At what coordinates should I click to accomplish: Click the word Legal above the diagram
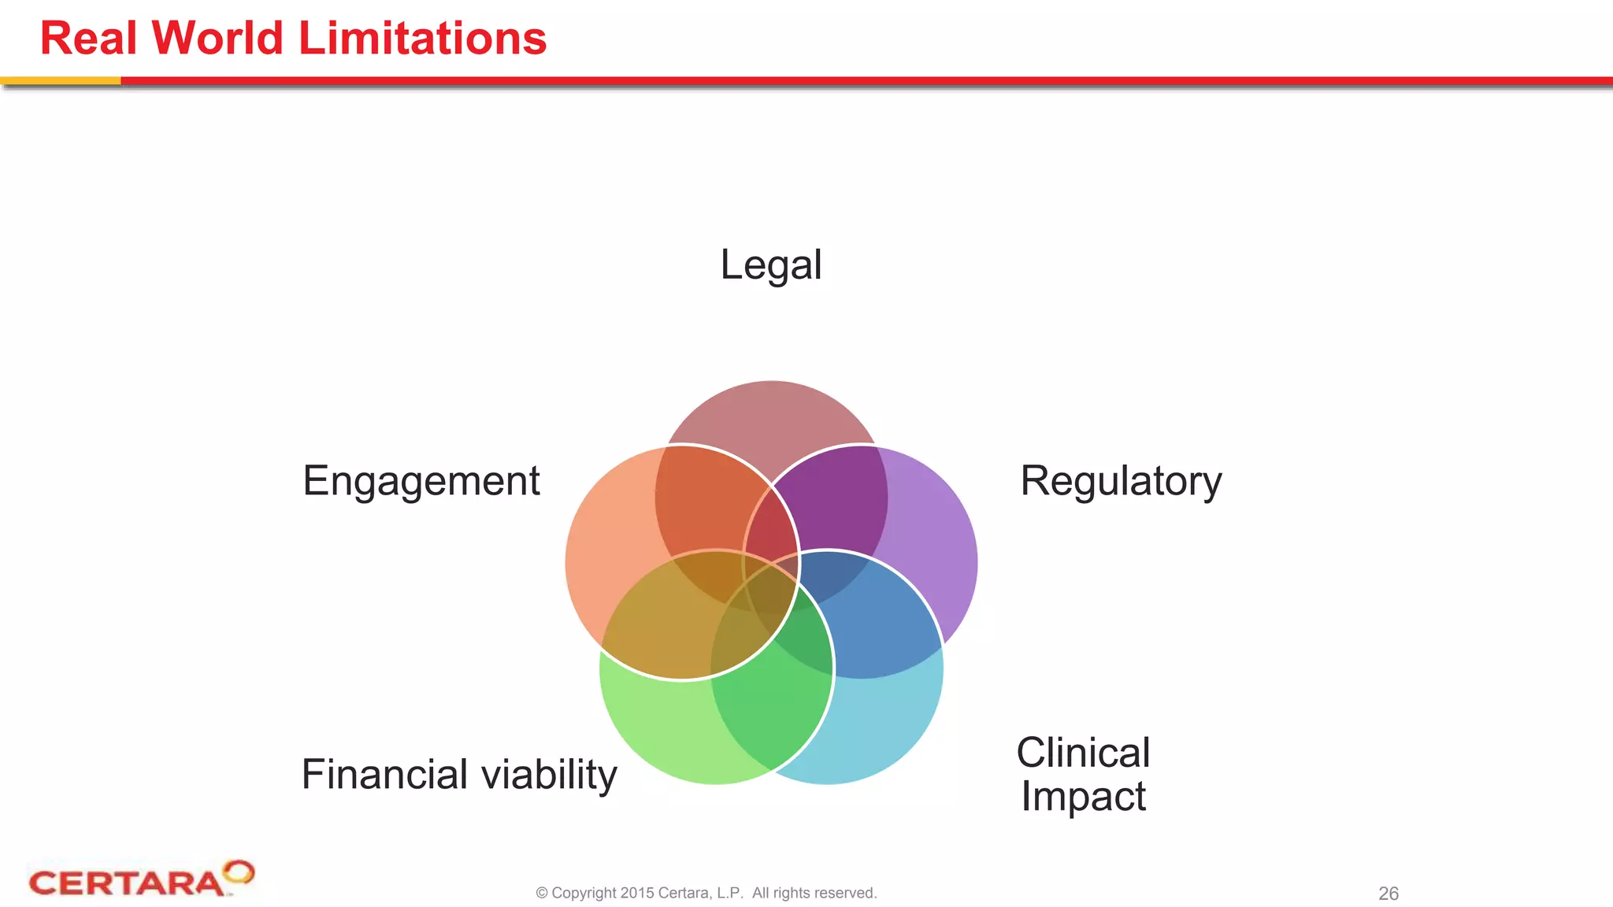click(x=770, y=265)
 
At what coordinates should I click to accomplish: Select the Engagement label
click(x=421, y=481)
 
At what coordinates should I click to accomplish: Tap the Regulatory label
click(x=1120, y=481)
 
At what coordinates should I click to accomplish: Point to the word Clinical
click(x=1083, y=753)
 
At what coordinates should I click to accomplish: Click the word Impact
click(x=1083, y=796)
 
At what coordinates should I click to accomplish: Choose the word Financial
click(x=385, y=774)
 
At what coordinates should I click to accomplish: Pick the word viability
click(x=549, y=775)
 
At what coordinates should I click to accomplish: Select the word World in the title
click(x=217, y=38)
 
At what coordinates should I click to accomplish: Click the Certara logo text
click(x=126, y=883)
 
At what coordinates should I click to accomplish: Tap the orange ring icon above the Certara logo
click(x=238, y=872)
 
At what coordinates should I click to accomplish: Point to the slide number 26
click(x=1388, y=894)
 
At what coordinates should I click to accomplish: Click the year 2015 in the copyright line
click(x=636, y=893)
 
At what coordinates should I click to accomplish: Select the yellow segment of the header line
click(x=60, y=80)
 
